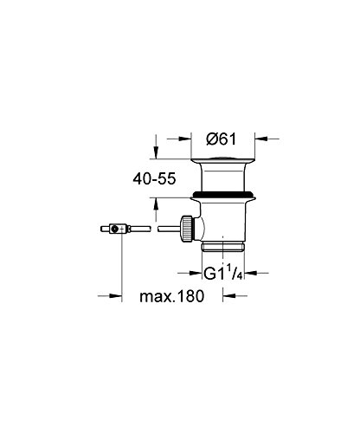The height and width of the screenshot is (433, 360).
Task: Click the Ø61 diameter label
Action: [x=222, y=139]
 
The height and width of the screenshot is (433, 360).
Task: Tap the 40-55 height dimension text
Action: [x=154, y=179]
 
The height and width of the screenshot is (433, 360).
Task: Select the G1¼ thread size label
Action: [x=222, y=273]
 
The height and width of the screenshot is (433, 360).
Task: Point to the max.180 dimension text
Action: [x=172, y=296]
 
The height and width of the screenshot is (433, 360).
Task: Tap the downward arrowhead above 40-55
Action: [x=156, y=153]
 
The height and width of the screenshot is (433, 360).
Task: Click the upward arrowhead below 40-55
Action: [x=156, y=204]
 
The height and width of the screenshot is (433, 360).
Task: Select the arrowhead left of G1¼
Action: [x=196, y=273]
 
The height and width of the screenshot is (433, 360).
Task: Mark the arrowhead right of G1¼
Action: [x=250, y=273]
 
